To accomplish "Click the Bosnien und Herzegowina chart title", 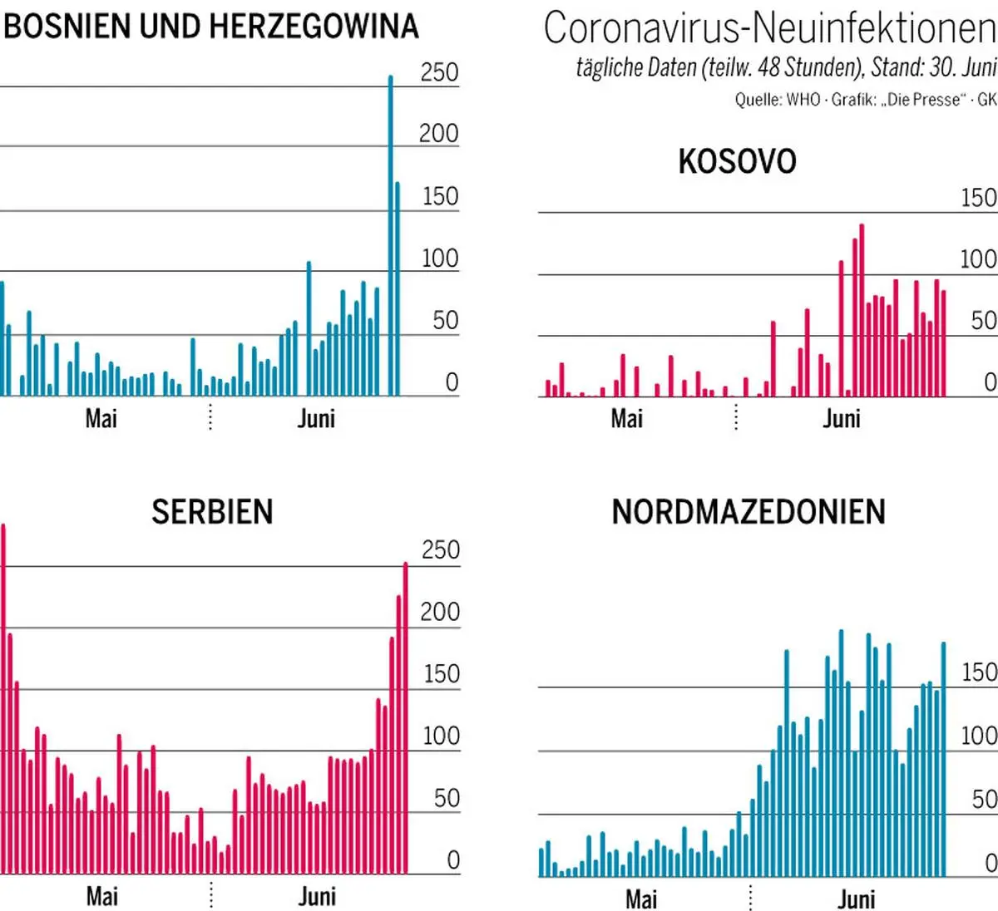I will [211, 27].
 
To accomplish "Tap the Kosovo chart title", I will [737, 162].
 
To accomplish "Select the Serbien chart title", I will [212, 512].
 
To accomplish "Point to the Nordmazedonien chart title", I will [748, 512].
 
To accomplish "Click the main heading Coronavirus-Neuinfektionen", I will [768, 28].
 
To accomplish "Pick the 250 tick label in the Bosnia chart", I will [439, 72].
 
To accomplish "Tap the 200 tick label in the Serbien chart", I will [440, 612].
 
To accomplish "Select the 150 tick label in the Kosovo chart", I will [978, 198].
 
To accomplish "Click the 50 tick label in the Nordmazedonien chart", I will [984, 799].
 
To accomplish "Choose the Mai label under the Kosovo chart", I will [626, 418].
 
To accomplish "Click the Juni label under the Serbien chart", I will [317, 896].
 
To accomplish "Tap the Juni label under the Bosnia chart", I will [316, 418].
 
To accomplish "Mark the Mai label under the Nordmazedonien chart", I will [641, 899].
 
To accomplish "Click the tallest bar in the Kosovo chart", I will [862, 310].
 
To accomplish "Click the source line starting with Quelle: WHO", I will [865, 100].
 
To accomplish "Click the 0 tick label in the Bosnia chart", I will [452, 382].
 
